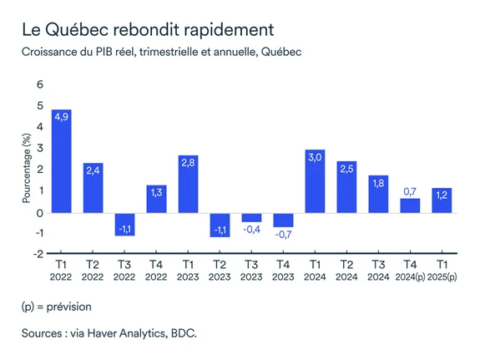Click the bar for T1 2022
[x=61, y=160]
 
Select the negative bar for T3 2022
[x=125, y=224]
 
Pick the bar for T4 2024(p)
[x=410, y=205]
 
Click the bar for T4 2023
[x=284, y=220]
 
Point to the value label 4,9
[x=61, y=116]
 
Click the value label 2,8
[x=188, y=160]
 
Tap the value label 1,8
[x=378, y=182]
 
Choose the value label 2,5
[x=346, y=167]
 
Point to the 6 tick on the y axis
[x=38, y=85]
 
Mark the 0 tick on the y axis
[x=38, y=212]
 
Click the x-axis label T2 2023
[x=220, y=271]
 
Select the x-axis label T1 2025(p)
[x=442, y=271]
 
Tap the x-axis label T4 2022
[x=156, y=271]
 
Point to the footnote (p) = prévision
[x=58, y=307]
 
